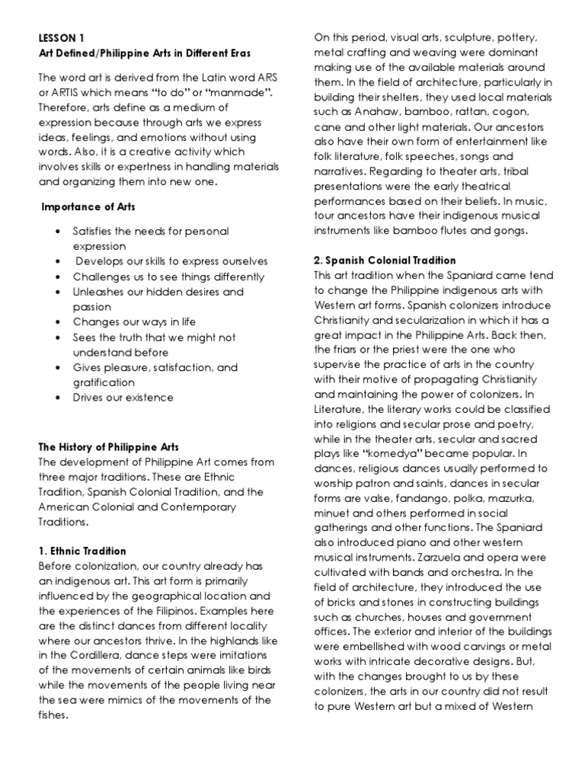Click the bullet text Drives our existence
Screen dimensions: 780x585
[123, 397]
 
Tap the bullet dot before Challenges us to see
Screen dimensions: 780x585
[58, 277]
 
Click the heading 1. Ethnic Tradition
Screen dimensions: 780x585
[82, 551]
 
